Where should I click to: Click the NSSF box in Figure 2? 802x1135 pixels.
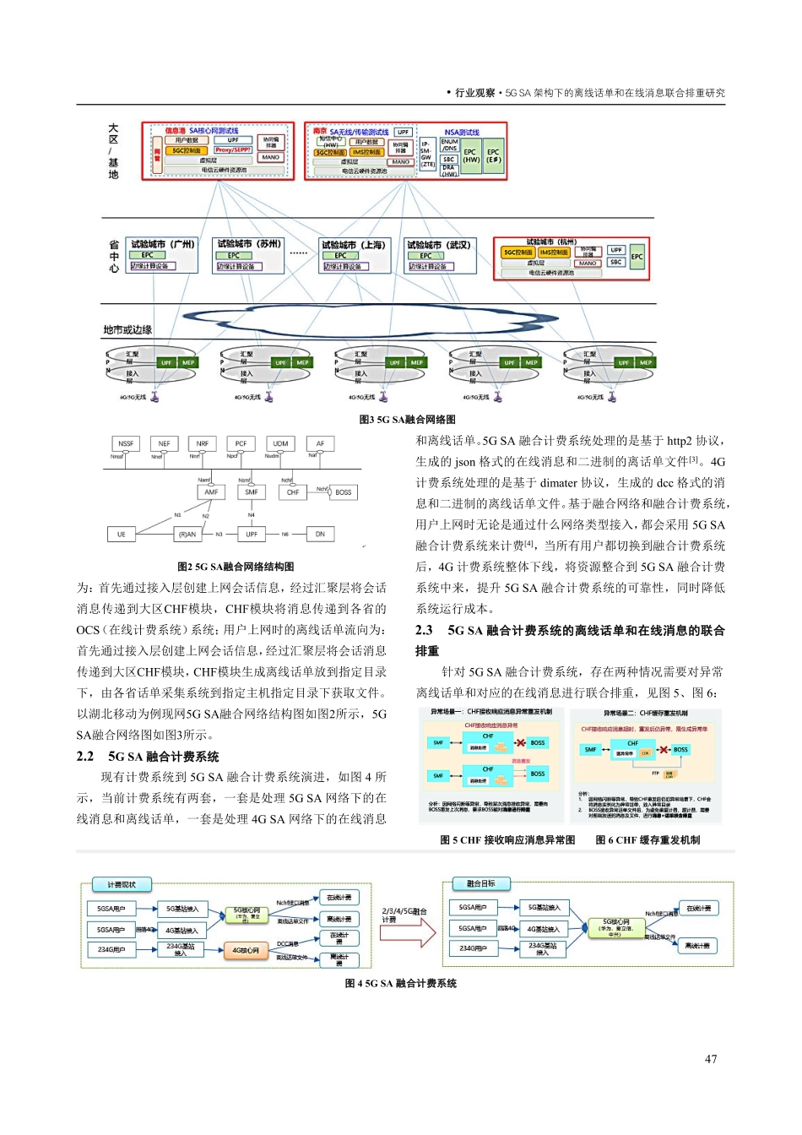coord(126,443)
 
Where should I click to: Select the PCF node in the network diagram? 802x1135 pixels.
coord(241,443)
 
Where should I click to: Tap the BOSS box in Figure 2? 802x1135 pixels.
coord(343,491)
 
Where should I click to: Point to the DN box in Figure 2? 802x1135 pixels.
coord(320,534)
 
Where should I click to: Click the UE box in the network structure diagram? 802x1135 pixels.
coord(122,534)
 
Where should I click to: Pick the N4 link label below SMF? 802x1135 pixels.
coord(252,514)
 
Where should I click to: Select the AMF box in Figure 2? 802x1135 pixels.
coord(211,491)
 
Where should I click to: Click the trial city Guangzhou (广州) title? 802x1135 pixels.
coord(162,244)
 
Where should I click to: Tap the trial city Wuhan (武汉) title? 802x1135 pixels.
coord(438,245)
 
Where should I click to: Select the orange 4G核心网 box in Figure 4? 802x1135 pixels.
coord(246,950)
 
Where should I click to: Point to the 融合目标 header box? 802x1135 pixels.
coord(481,883)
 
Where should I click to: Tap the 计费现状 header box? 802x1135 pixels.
coord(122,884)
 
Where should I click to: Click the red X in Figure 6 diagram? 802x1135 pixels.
coord(663,749)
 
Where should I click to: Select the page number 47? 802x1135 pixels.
coord(711,1059)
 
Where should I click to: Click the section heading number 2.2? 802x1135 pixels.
coord(85,757)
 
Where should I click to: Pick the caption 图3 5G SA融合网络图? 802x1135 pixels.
coord(408,420)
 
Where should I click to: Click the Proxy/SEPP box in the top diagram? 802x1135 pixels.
coord(233,149)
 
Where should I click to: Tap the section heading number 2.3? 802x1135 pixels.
coord(424,630)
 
